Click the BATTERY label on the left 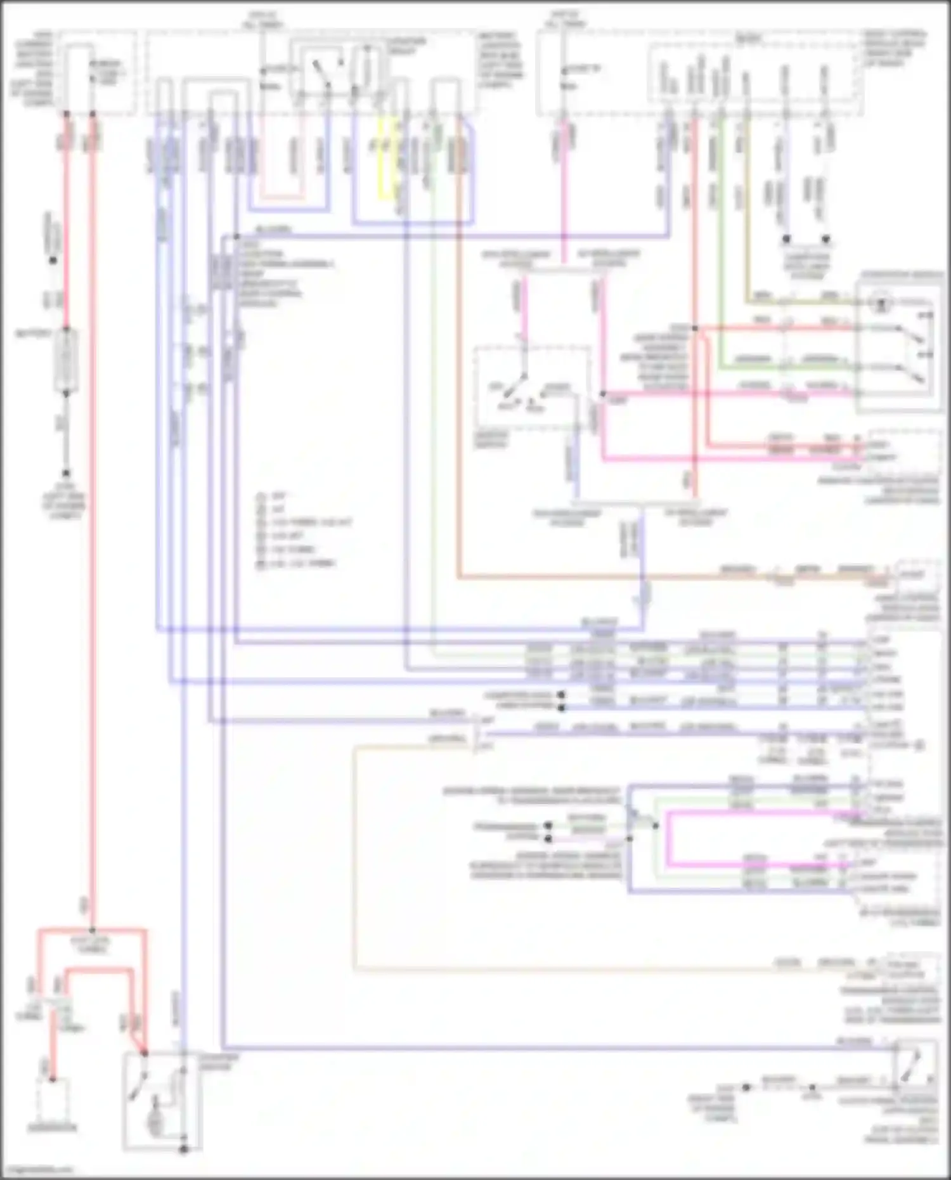[33, 333]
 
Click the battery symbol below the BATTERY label [66, 360]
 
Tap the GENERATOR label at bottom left [52, 1127]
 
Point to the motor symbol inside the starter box [154, 1122]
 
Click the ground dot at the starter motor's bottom [183, 1149]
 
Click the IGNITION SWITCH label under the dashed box [491, 439]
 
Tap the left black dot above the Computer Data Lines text [786, 239]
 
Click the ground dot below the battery [66, 474]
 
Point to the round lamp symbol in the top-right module [881, 304]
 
